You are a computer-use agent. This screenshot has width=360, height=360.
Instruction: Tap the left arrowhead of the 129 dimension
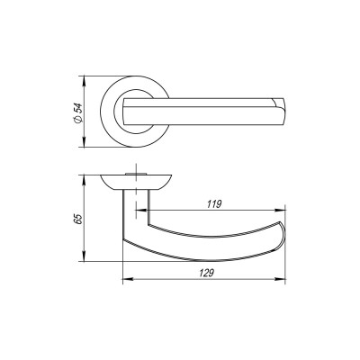coord(124,278)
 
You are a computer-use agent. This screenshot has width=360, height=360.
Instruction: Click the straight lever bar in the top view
coord(207,109)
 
